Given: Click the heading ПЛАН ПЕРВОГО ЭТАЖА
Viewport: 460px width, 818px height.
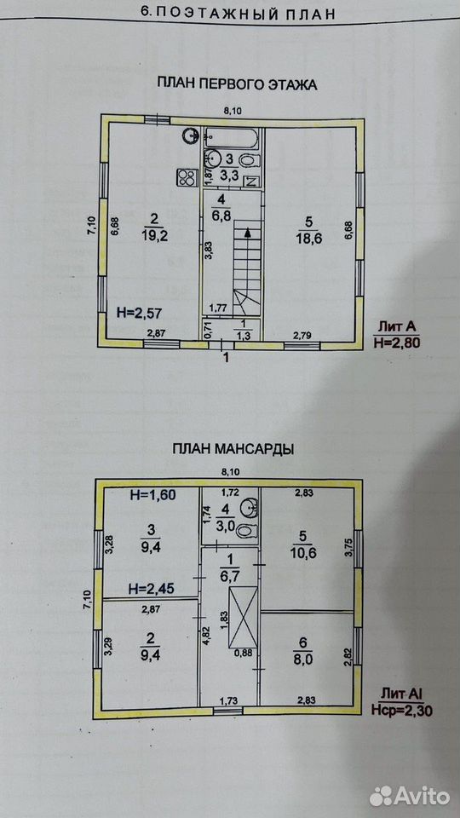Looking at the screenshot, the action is [x=237, y=84].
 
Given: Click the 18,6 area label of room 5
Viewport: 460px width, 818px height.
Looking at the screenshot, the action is [x=308, y=236].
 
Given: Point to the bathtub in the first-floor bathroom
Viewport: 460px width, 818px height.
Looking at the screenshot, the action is [x=232, y=137].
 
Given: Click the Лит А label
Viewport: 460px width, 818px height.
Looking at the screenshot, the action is [x=394, y=327].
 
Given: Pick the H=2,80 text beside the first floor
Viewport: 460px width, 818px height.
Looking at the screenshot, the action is [x=396, y=343].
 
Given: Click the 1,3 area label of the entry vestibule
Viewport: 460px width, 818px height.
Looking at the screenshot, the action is [x=244, y=336].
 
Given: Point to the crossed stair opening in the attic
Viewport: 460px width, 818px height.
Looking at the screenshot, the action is [x=243, y=616].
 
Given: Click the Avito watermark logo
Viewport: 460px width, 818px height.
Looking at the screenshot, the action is [x=410, y=796].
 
